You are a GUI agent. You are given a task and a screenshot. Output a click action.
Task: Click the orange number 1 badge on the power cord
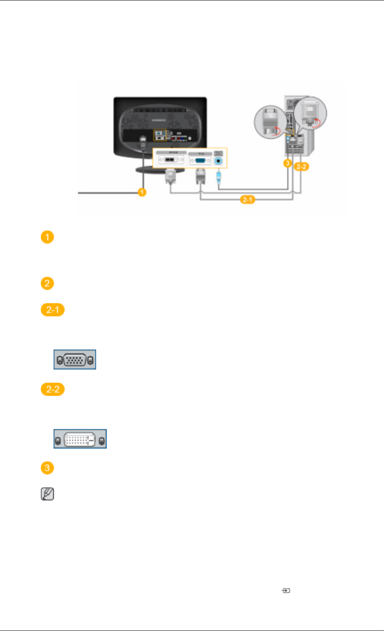pos(142,192)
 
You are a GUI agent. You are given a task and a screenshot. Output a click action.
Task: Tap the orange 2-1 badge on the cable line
pos(247,199)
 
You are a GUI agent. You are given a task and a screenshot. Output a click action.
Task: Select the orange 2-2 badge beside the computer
pos(302,167)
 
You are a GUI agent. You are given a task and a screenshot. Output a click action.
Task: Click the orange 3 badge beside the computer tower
pos(288,163)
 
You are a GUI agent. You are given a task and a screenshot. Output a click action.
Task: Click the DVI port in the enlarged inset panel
pos(170,160)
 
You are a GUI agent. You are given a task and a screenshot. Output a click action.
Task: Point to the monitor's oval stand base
pos(160,171)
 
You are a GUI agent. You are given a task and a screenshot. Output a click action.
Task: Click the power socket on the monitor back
pos(143,139)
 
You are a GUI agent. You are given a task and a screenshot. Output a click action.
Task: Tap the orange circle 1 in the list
pos(47,237)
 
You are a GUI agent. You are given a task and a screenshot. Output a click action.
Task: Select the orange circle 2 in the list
pos(47,283)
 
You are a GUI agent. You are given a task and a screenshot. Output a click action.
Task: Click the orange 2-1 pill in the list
pos(53,310)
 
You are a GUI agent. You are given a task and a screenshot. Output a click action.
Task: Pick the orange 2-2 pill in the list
pos(53,389)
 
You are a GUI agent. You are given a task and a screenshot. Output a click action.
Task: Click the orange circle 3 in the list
pos(47,468)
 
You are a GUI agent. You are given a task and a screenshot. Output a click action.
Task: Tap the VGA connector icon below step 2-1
pos(75,360)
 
